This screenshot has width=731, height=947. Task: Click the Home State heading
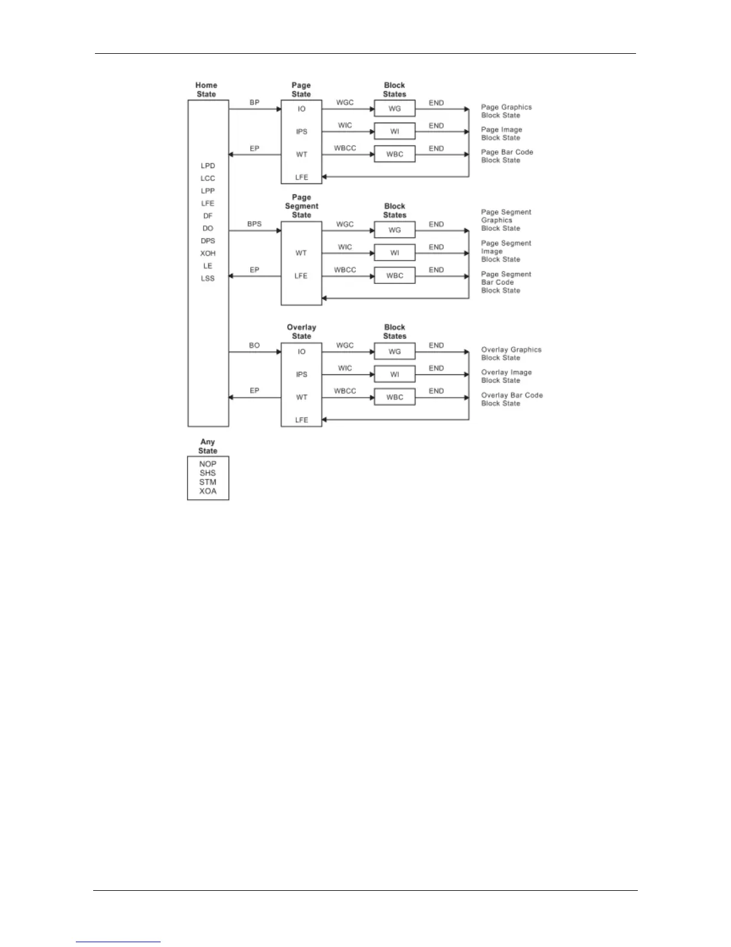pos(207,90)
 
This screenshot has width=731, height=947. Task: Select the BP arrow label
pos(254,103)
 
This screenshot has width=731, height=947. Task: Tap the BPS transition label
pos(254,224)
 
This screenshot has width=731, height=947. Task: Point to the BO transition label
pos(254,346)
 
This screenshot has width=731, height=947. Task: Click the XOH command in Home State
pos(208,253)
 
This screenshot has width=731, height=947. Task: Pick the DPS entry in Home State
pos(208,241)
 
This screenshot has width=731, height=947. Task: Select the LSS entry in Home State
pos(208,279)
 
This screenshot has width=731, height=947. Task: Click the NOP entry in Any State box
pos(208,464)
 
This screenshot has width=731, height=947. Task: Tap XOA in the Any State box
pos(208,491)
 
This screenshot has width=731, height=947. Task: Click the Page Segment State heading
pos(302,206)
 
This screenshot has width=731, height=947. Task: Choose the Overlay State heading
pos(302,332)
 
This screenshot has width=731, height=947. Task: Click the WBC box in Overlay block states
pos(395,397)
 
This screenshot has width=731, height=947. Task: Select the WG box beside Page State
pos(395,109)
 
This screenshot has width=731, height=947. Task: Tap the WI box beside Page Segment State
pos(395,253)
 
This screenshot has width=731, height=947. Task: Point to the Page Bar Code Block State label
pos(507,156)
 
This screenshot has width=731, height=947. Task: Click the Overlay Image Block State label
pos(506,376)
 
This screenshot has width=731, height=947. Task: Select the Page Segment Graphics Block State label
pos(506,220)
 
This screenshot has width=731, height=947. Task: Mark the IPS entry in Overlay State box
pos(302,374)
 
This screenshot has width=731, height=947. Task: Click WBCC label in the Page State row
pos(345,148)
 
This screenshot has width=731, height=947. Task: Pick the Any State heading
pos(208,447)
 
